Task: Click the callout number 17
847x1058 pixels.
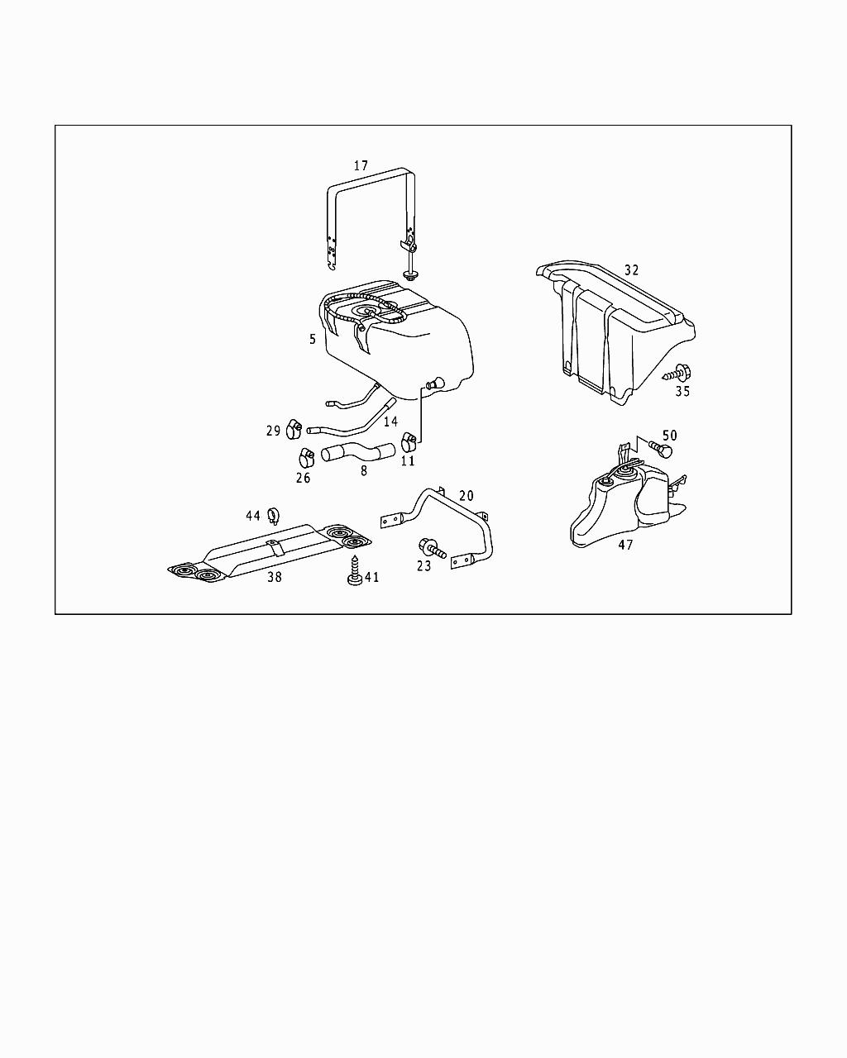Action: point(361,166)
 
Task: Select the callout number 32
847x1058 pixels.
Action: point(632,270)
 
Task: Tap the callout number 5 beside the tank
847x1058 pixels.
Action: point(313,339)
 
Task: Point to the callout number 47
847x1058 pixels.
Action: point(625,545)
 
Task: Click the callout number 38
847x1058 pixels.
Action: point(274,577)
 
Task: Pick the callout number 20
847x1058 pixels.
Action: point(467,496)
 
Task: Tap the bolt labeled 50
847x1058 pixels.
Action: point(662,449)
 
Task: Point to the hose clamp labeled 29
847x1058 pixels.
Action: point(293,429)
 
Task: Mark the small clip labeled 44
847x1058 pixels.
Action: point(275,518)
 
